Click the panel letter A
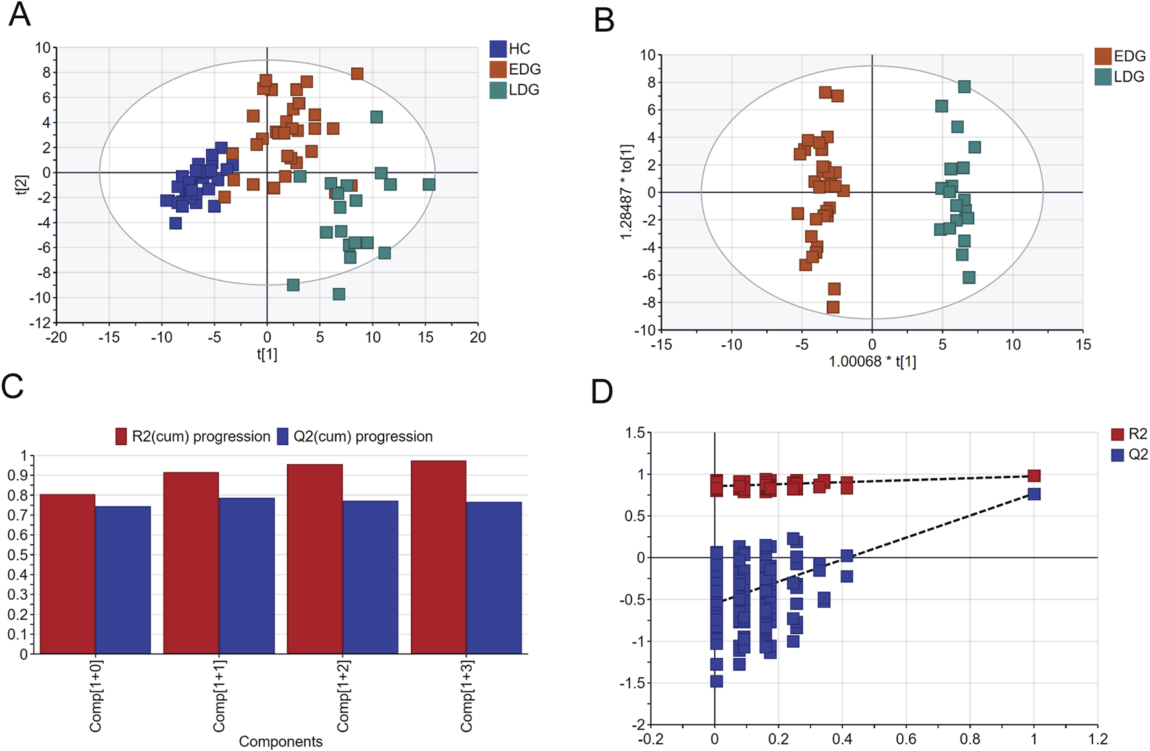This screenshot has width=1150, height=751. [x=19, y=14]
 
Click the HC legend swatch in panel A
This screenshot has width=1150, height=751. [x=498, y=49]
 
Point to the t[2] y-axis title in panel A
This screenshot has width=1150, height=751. [x=21, y=184]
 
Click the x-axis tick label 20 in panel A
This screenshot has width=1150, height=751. [x=478, y=337]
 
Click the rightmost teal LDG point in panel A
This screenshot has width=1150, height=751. [x=429, y=184]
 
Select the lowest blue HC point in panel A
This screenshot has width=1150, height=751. [x=175, y=223]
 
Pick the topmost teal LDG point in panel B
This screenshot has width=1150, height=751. [x=964, y=86]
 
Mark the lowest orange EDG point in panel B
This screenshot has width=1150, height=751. [x=833, y=307]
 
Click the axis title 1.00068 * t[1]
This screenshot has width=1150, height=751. [x=872, y=362]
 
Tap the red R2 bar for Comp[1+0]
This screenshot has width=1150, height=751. [x=67, y=574]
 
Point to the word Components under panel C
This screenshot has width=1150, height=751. [x=280, y=741]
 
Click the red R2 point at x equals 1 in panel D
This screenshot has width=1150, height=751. [x=1034, y=476]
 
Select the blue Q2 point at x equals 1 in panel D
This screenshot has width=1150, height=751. [x=1034, y=494]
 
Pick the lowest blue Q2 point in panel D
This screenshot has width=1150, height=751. [x=716, y=681]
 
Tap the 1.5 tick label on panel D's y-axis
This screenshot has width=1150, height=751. [x=635, y=433]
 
